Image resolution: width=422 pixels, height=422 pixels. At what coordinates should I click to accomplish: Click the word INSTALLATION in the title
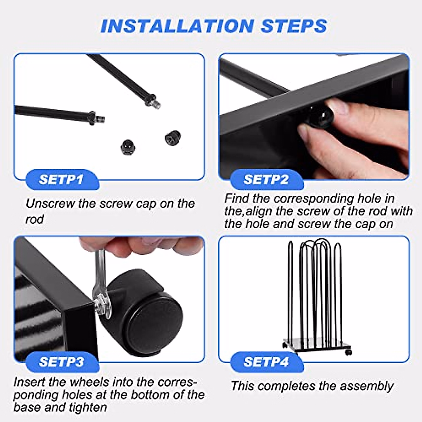177,26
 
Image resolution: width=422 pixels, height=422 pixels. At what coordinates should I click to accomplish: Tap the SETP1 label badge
61,179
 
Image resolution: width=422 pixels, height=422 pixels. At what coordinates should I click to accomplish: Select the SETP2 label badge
266,179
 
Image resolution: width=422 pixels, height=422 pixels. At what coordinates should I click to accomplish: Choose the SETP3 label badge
61,362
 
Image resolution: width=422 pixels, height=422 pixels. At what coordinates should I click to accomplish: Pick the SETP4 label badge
266,362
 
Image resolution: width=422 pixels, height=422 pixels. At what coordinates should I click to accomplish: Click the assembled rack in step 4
315,295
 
